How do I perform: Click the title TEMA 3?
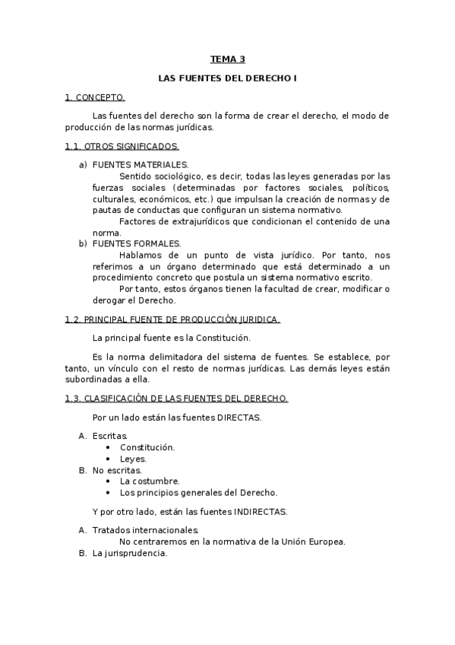tap(227, 59)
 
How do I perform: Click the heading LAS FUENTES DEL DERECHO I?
tap(227, 78)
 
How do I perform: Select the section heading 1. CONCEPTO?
tap(95, 97)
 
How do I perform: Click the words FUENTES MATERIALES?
tap(141, 165)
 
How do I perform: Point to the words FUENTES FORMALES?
tap(137, 243)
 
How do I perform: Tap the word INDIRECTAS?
tap(261, 512)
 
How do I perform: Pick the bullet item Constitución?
tap(147, 447)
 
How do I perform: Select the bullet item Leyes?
tap(133, 459)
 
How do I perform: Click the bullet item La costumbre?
tap(150, 481)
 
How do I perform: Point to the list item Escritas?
tap(110, 437)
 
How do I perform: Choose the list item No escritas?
tap(117, 470)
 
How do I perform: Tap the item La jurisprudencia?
tap(129, 553)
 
